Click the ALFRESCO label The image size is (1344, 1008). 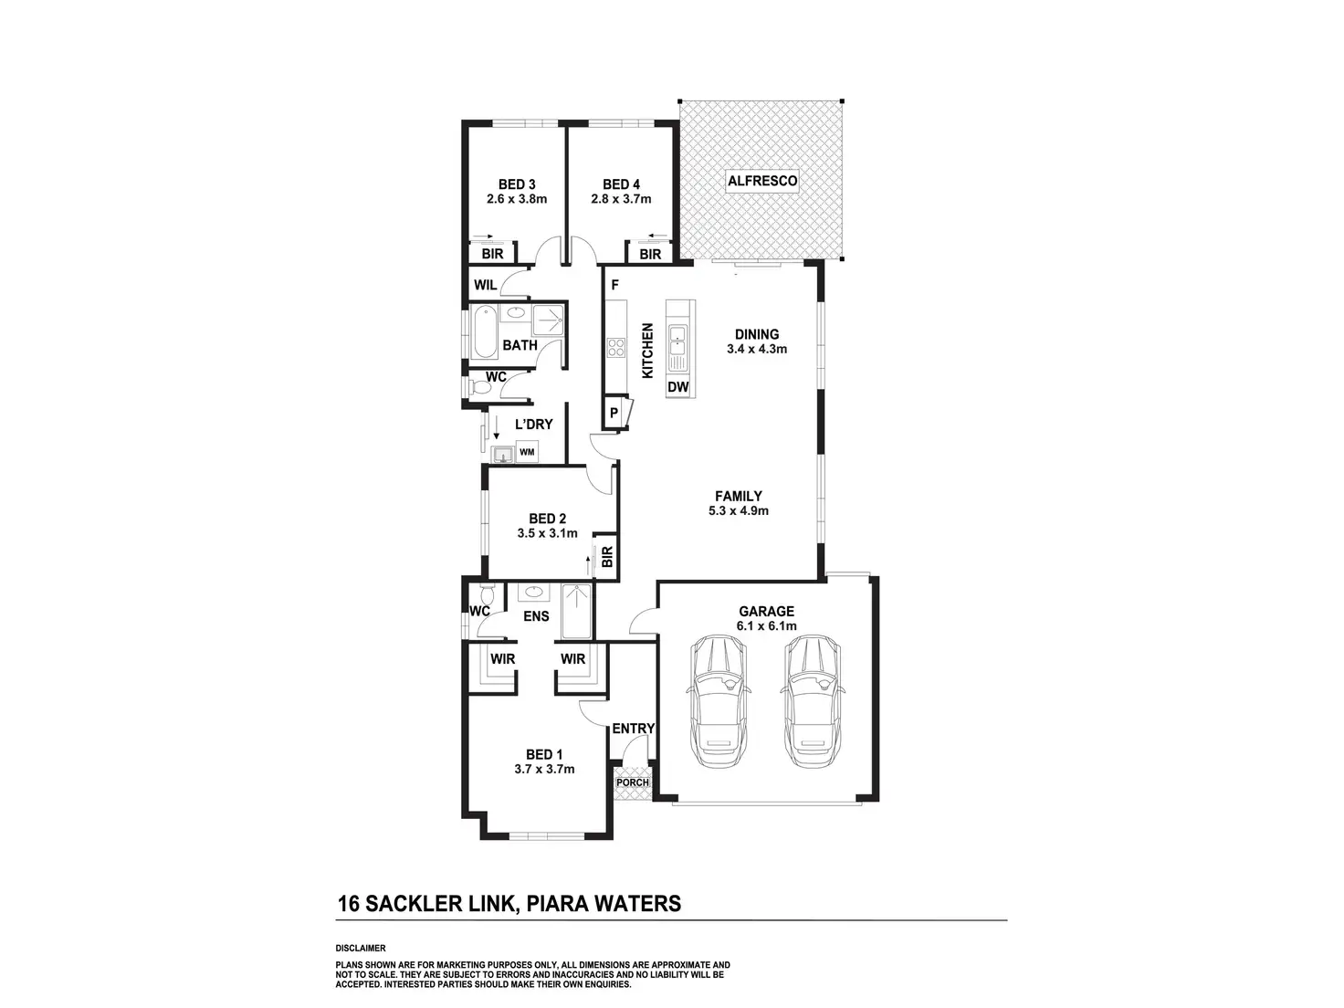[x=762, y=181]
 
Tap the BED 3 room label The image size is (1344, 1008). [x=517, y=184]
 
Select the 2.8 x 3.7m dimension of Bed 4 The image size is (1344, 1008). [x=621, y=199]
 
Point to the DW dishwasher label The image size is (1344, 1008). [x=678, y=387]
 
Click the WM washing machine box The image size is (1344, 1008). [x=527, y=452]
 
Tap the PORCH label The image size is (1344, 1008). [x=633, y=782]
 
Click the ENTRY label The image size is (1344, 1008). [x=634, y=729]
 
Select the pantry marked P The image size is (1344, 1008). [x=614, y=413]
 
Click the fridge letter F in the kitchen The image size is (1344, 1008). [x=615, y=285]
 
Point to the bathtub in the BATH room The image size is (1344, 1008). [x=482, y=333]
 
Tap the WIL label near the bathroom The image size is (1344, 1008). [x=486, y=285]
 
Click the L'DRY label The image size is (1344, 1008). [x=534, y=424]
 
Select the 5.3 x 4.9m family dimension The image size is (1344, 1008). [x=739, y=510]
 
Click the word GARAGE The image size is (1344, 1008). [x=766, y=611]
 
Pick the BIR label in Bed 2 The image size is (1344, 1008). [x=607, y=556]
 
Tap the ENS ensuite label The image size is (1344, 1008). [x=536, y=616]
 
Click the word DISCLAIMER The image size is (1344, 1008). [x=361, y=949]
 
